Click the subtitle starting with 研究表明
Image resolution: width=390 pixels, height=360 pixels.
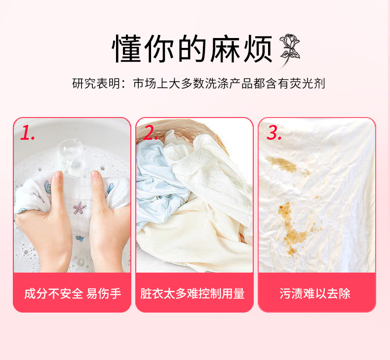198,83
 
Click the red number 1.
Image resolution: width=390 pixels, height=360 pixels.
28,132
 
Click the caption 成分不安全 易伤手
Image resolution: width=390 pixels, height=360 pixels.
72,293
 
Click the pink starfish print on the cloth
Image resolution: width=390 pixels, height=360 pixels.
79,208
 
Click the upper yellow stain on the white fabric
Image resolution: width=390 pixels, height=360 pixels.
281,163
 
